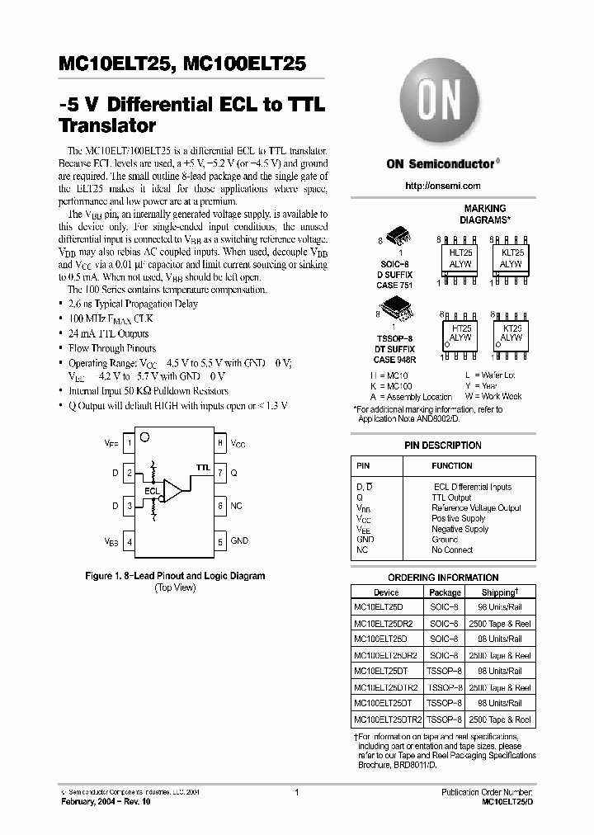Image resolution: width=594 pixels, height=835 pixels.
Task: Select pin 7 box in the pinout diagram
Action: click(x=220, y=474)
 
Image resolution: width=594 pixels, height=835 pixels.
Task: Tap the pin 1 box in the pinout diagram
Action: click(x=130, y=443)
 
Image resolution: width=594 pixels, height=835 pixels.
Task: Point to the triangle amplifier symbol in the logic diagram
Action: click(x=173, y=490)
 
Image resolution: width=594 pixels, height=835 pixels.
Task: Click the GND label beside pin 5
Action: click(x=239, y=541)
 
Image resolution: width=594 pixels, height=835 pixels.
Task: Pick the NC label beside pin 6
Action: click(x=236, y=505)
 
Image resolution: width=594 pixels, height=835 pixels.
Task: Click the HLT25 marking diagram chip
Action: click(x=460, y=260)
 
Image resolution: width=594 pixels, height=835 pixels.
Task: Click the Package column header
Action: click(x=445, y=592)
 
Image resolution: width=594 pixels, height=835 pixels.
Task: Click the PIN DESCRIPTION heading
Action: click(x=442, y=446)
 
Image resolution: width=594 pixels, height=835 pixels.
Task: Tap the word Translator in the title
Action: click(x=108, y=127)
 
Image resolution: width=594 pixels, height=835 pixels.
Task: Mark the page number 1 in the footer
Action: click(x=295, y=791)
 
